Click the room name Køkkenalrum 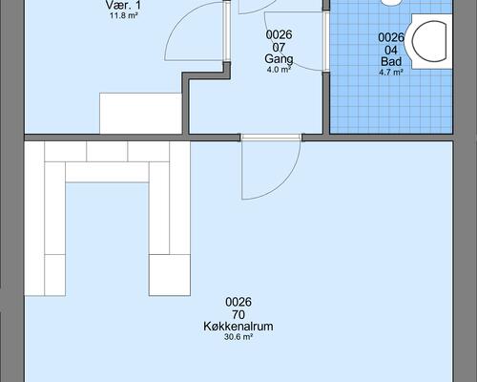point(238,327)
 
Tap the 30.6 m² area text point(238,337)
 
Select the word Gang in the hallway point(279,59)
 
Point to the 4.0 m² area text point(279,70)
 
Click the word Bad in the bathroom point(391,61)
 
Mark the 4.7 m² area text point(391,73)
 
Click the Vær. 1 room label point(123,5)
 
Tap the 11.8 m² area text point(123,15)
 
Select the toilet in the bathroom point(431,41)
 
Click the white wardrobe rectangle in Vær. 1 point(140,114)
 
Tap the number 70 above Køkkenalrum point(238,314)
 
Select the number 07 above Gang point(279,48)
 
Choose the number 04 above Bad point(391,50)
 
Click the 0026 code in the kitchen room point(238,302)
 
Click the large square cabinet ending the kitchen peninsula point(170,275)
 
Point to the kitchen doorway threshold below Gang point(271,138)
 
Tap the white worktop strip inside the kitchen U point(107,172)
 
